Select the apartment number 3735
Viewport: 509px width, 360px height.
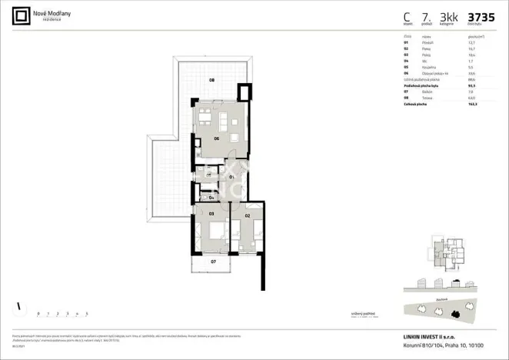[x=481, y=16]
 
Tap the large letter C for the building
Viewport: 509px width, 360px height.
[x=407, y=16]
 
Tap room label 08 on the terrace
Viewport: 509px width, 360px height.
[x=212, y=79]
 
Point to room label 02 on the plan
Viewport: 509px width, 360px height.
[x=248, y=216]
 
